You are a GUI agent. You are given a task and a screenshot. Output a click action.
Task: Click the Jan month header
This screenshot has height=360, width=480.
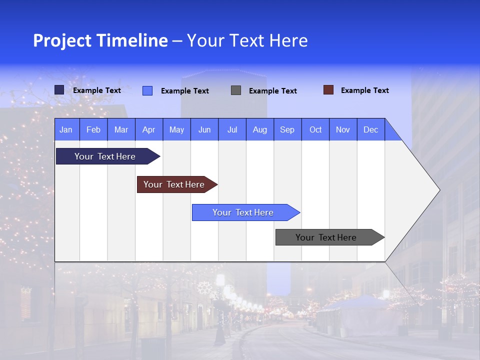tap(66, 130)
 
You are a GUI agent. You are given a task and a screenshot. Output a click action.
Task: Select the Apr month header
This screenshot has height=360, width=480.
tap(148, 130)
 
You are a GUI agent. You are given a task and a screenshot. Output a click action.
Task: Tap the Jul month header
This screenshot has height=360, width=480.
tap(232, 130)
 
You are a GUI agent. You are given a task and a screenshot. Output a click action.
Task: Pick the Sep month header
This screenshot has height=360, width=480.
tap(287, 130)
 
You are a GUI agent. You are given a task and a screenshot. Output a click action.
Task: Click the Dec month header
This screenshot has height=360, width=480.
tap(370, 130)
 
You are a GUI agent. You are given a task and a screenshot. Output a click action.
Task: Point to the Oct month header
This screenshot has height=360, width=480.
tap(315, 130)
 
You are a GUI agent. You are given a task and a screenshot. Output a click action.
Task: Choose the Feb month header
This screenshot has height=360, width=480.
tap(93, 130)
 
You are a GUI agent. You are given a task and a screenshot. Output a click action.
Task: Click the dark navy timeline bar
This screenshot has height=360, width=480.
tap(105, 156)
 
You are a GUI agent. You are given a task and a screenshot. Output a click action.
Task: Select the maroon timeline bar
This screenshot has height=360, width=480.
tap(174, 184)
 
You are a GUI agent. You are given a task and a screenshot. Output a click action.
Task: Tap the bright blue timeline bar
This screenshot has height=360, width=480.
tap(243, 212)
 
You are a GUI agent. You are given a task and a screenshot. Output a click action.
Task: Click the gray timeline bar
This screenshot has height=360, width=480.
tap(326, 237)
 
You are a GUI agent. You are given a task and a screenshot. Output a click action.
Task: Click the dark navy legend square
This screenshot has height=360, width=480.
tap(59, 90)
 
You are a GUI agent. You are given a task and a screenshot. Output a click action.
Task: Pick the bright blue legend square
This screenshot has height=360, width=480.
tap(147, 90)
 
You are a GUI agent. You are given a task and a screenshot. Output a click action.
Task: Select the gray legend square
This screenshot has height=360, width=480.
tap(235, 90)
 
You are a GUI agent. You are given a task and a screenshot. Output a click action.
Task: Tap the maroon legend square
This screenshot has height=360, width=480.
tap(328, 90)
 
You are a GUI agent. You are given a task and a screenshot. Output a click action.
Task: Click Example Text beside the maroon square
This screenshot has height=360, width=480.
tap(364, 90)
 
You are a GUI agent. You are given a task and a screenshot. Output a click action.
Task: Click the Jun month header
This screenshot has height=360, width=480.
tap(204, 130)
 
